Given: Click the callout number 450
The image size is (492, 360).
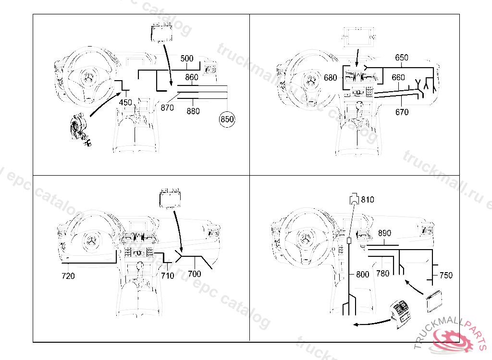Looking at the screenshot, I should click(x=125, y=102).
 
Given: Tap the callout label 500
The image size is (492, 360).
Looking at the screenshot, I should click(x=187, y=59).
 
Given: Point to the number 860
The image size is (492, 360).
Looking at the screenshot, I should click(x=192, y=77).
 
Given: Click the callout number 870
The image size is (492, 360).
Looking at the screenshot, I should click(x=167, y=108).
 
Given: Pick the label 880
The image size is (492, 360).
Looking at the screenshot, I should click(x=193, y=111).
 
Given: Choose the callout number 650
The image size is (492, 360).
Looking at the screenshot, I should click(x=402, y=58).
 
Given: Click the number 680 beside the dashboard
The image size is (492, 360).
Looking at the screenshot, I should click(x=331, y=78).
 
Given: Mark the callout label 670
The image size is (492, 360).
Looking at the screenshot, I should click(x=402, y=112).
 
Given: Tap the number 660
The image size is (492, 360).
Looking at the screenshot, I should click(x=398, y=78).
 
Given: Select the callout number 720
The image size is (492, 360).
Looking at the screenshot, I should click(x=68, y=276).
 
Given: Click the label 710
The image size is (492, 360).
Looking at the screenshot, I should click(x=167, y=276).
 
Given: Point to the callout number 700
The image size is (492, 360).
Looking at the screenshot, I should click(x=195, y=274).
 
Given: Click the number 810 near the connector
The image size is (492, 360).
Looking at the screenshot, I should click(x=368, y=199).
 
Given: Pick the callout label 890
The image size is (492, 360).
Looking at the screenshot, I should click(x=384, y=233).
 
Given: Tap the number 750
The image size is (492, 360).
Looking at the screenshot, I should click(x=446, y=275).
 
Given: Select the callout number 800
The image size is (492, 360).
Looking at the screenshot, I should click(x=363, y=275).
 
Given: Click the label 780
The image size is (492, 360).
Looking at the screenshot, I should click(x=383, y=274).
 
